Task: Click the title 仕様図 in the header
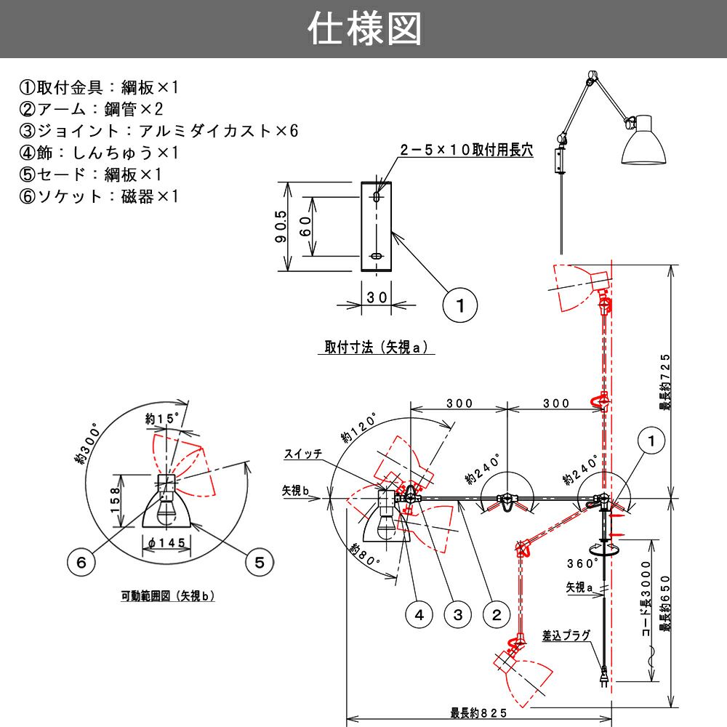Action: (x=364, y=29)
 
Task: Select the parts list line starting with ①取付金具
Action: (x=98, y=88)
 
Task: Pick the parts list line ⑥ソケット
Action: (x=98, y=197)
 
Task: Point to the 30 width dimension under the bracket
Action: (x=376, y=297)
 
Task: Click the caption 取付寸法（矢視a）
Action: (x=379, y=348)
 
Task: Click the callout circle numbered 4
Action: (x=419, y=615)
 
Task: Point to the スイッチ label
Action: (x=304, y=454)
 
